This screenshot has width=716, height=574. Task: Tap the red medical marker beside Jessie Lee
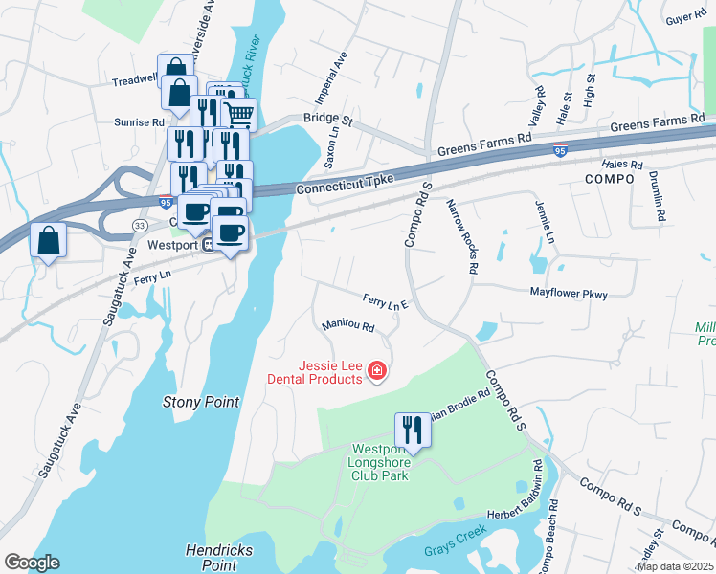376,370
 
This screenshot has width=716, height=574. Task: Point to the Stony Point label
201,403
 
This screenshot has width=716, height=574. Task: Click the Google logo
32,563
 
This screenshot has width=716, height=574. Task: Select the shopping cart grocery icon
239,115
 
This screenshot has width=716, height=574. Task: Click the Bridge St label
328,122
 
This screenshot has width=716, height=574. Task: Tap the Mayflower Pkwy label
569,294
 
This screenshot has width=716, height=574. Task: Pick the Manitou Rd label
347,326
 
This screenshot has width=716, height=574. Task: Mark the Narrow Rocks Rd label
460,235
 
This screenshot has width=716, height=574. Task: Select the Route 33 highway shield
140,224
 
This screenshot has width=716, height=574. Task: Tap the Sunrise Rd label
140,122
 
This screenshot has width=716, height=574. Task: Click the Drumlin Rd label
656,196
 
